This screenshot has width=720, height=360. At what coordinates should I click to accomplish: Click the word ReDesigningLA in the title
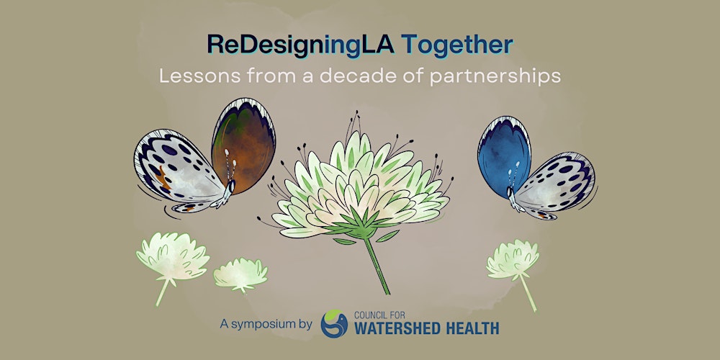click(x=300, y=45)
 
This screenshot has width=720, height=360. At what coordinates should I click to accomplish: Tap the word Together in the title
click(x=457, y=45)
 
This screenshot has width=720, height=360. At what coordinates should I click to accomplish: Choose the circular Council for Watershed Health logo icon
click(x=333, y=323)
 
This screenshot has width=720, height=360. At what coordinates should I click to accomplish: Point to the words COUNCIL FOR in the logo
click(x=382, y=314)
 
